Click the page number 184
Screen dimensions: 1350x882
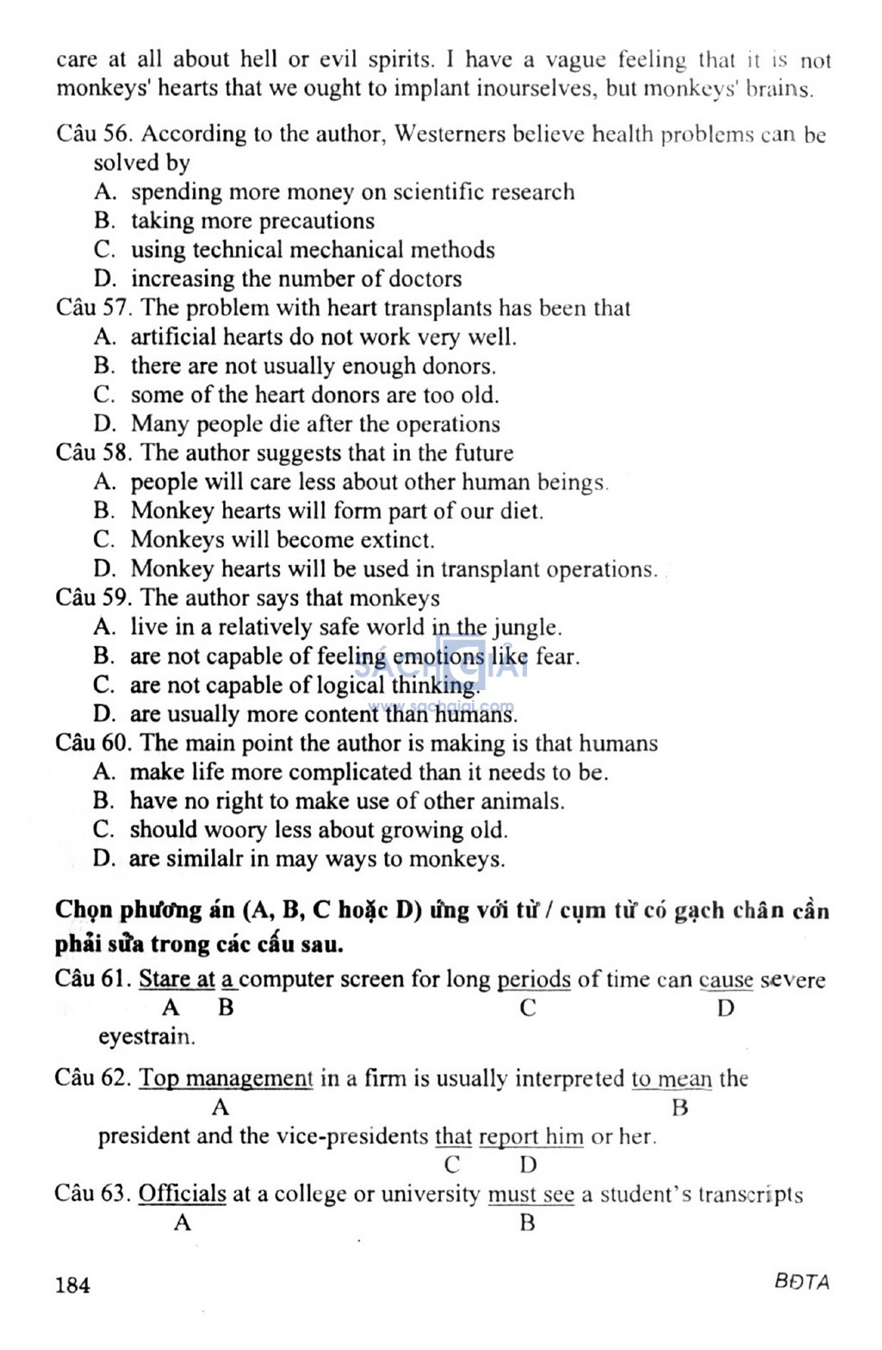[72, 1285]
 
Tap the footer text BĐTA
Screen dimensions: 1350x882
[801, 1282]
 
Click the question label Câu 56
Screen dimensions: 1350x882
[91, 134]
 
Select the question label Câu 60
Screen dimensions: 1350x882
[91, 743]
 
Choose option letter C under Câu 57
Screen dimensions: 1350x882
[103, 395]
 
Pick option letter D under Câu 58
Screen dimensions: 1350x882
[103, 569]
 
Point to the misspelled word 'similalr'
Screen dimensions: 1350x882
[203, 859]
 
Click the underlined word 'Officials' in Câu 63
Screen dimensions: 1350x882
[182, 1194]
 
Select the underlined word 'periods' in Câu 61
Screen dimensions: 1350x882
[534, 980]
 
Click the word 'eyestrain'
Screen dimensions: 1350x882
[146, 1036]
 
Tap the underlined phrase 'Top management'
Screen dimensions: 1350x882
[226, 1079]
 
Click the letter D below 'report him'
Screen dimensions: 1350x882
[528, 1166]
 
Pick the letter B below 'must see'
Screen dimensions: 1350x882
[527, 1223]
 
